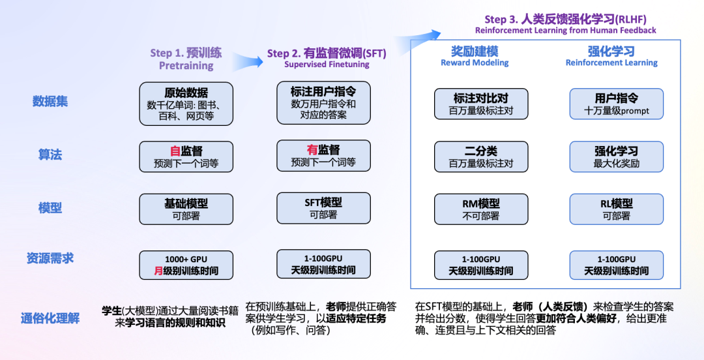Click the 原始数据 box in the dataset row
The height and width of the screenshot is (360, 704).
pos(186,103)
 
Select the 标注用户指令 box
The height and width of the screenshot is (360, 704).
pos(323,102)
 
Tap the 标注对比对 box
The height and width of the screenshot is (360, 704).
pos(480,104)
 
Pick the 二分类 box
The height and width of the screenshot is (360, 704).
pos(480,157)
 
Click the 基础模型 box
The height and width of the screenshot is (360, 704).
pos(186,209)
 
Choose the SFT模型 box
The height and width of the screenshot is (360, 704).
pos(323,208)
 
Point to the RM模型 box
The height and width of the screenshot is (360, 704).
pos(480,209)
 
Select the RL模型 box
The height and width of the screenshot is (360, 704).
pos(616,209)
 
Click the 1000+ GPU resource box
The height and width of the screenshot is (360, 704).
pos(186,265)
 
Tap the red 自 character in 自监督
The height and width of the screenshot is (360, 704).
pos(175,151)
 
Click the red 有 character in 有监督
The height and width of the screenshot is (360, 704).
pos(312,150)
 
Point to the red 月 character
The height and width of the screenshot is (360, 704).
pos(158,271)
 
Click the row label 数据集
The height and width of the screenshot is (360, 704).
pos(50,102)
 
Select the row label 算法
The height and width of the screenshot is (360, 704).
pos(50,155)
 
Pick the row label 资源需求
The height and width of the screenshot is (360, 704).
pos(50,258)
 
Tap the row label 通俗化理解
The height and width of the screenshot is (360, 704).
pos(50,318)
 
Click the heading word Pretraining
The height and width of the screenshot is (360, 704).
pos(186,66)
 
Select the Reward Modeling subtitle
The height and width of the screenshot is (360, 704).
pos(475,63)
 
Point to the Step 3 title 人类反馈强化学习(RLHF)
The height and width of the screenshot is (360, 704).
pos(565,20)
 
